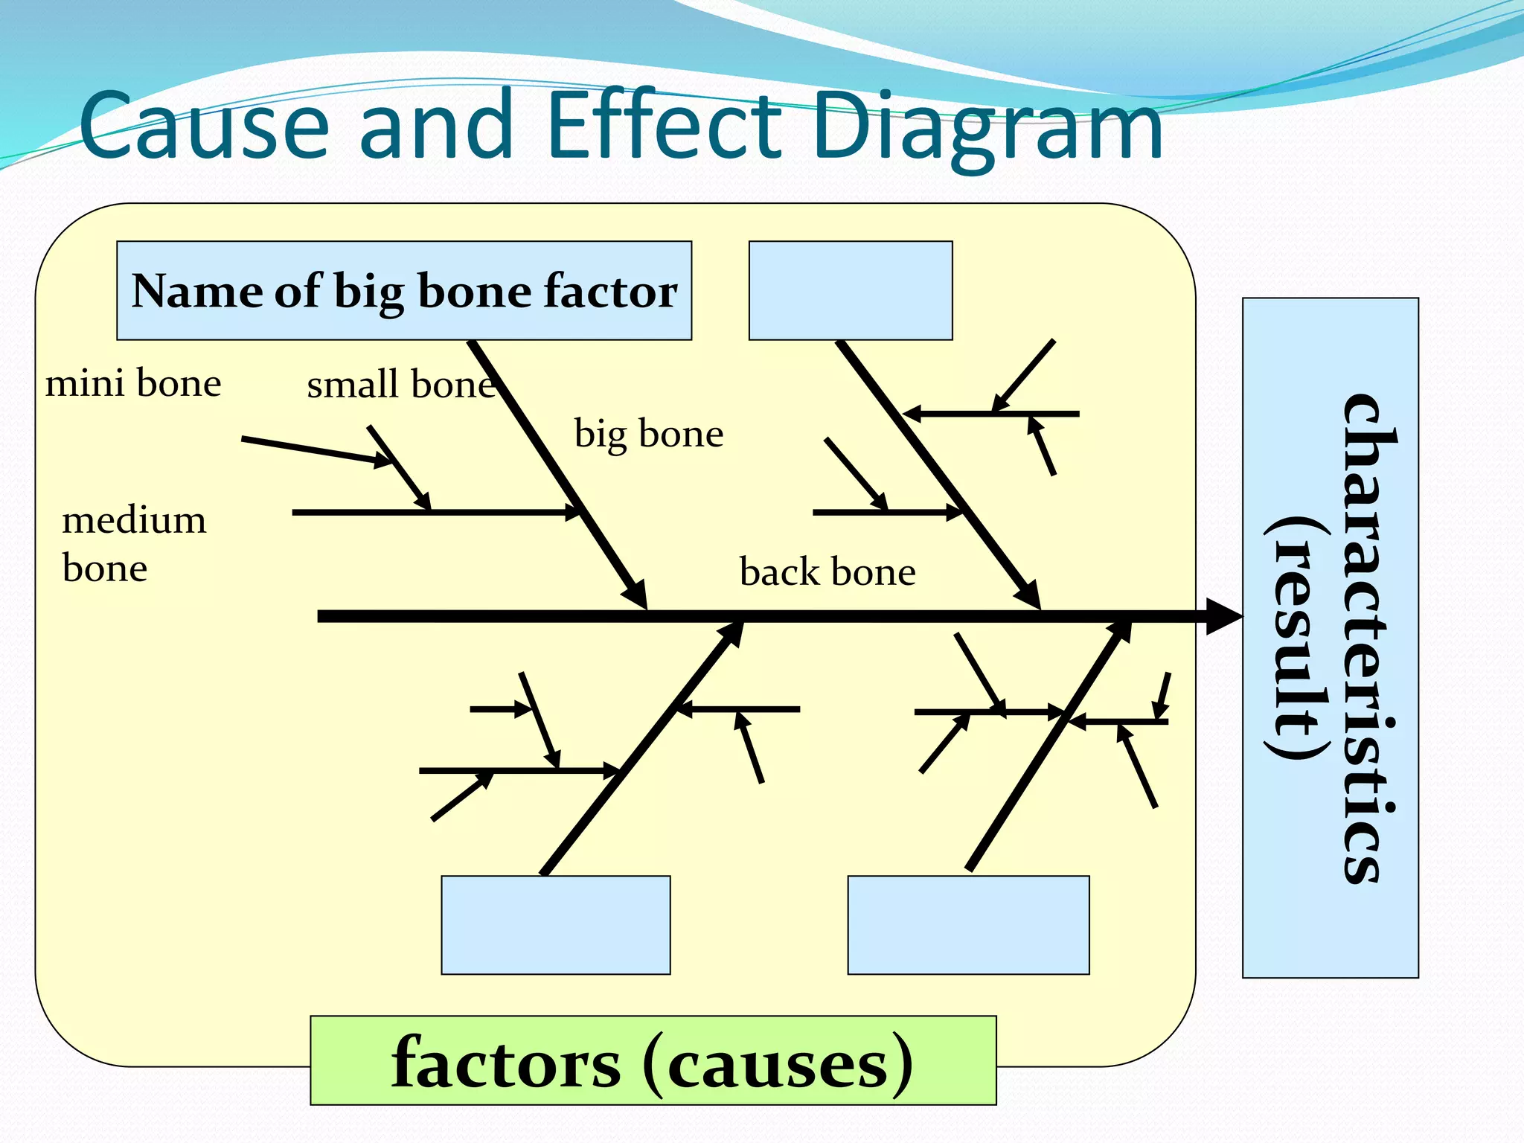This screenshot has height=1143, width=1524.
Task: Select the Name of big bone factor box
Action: pos(404,291)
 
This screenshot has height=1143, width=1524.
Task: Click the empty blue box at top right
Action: pos(850,291)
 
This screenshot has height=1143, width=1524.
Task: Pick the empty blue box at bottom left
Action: pos(555,925)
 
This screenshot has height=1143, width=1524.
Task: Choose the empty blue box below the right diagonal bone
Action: pos(968,925)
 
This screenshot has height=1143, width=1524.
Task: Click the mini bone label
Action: pos(133,384)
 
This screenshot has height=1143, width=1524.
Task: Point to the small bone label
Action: pos(400,385)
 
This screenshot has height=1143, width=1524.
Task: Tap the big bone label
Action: pos(648,435)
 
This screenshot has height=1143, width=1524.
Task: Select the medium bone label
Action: pos(132,544)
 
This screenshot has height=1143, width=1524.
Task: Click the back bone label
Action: pos(827,572)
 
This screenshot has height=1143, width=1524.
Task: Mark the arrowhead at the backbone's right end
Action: pos(1223,616)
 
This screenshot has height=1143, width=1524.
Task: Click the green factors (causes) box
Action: pos(653,1061)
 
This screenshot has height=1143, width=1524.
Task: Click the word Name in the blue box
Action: pos(196,291)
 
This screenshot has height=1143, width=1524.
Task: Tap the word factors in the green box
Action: pos(506,1063)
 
